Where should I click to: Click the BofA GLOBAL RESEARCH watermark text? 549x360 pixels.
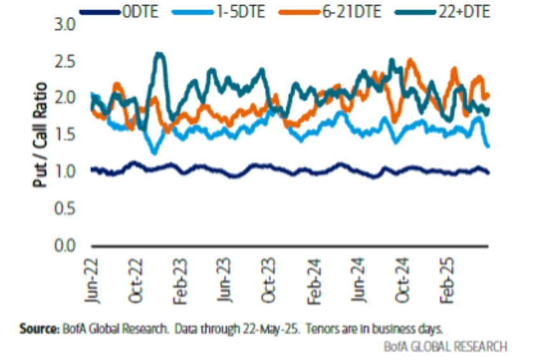(446, 347)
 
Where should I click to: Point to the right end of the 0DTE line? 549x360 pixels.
(488, 173)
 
